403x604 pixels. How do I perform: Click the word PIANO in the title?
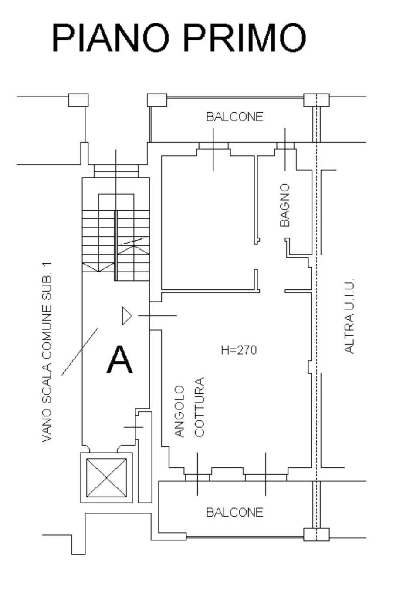tap(110, 38)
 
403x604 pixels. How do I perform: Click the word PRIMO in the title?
tap(245, 38)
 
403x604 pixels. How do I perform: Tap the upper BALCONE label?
tap(234, 117)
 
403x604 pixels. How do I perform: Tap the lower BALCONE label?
tap(234, 512)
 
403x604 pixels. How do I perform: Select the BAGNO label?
tap(284, 205)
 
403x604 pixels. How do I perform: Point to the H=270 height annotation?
tap(239, 350)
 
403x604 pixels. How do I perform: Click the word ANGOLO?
tap(179, 411)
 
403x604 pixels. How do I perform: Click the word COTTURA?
tap(199, 407)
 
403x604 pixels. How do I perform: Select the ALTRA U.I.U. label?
tap(349, 316)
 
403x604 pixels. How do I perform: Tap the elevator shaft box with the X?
tap(106, 477)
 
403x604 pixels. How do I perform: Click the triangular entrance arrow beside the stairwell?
tap(126, 315)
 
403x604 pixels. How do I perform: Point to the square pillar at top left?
tap(78, 100)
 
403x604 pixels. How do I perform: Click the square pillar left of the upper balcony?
tap(157, 100)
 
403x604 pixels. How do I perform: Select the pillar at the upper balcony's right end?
tap(316, 100)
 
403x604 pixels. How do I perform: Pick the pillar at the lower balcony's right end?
tap(316, 534)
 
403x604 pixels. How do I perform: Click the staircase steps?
tap(116, 244)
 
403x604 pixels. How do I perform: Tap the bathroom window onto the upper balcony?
tap(285, 146)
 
